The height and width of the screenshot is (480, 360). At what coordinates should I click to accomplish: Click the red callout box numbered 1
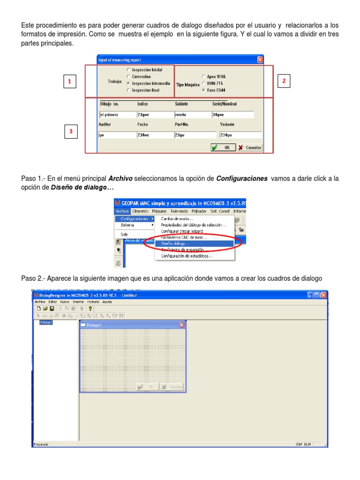(x=69, y=82)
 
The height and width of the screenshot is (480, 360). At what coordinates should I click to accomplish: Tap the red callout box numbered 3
(x=71, y=132)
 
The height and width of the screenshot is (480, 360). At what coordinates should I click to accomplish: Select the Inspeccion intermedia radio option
(x=128, y=83)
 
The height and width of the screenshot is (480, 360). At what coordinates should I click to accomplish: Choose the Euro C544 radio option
(x=203, y=90)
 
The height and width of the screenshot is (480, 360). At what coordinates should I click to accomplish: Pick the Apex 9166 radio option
(x=203, y=76)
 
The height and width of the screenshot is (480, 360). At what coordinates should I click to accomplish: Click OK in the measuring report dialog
(x=222, y=147)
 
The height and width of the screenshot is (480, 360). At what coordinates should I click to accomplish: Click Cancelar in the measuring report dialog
(x=249, y=147)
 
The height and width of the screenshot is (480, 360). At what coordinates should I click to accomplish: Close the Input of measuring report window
(x=260, y=60)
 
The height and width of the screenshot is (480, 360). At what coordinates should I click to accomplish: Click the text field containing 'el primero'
(x=116, y=114)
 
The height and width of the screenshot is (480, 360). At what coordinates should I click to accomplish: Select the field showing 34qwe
(x=232, y=114)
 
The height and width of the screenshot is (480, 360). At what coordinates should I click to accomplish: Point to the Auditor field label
(x=105, y=125)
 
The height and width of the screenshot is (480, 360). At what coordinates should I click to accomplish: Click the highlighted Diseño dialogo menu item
(x=175, y=243)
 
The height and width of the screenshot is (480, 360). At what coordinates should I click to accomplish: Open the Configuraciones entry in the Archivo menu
(x=135, y=218)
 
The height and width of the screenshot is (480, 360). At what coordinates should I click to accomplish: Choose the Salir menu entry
(x=125, y=234)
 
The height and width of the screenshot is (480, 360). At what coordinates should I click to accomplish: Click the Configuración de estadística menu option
(x=187, y=256)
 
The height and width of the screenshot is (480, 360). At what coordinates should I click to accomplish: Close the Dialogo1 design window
(x=182, y=325)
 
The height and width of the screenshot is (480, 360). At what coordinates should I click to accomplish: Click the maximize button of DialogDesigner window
(x=316, y=295)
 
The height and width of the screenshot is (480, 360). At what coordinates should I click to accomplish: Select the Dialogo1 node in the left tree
(x=46, y=322)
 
